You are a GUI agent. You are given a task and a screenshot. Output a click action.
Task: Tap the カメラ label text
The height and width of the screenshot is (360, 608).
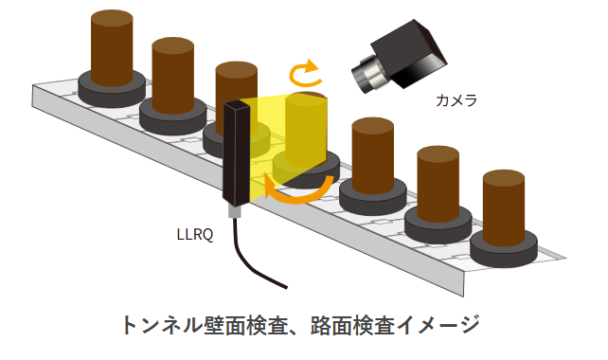point(456,99)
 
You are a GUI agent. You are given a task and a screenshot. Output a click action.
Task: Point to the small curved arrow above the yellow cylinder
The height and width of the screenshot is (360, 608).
point(304,74)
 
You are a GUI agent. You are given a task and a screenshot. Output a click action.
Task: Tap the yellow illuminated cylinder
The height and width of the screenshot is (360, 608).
point(306,133)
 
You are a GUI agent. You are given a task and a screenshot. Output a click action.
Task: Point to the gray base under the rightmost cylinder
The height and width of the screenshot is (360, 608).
point(504,252)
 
